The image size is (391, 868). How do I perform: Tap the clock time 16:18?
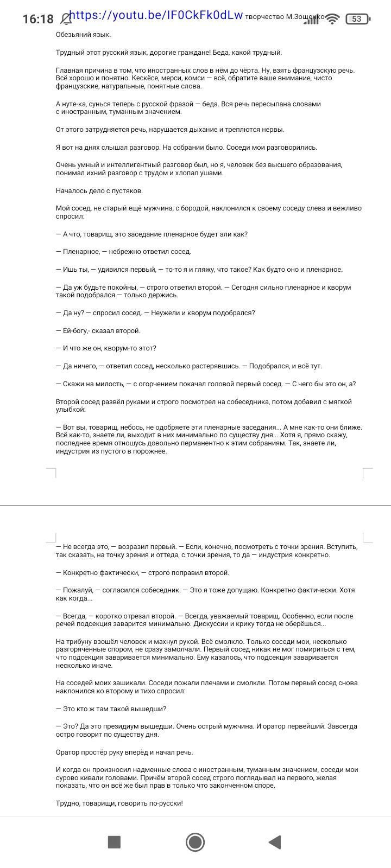click(38, 20)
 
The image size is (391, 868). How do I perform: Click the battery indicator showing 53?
click(357, 19)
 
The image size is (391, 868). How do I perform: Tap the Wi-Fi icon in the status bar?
click(333, 19)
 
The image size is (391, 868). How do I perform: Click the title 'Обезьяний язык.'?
click(83, 35)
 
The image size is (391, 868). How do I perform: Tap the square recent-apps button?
click(114, 841)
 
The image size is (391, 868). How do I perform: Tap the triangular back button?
click(275, 841)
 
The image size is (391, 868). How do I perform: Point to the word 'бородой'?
click(216, 208)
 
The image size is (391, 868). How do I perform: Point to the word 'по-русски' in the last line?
click(166, 803)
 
